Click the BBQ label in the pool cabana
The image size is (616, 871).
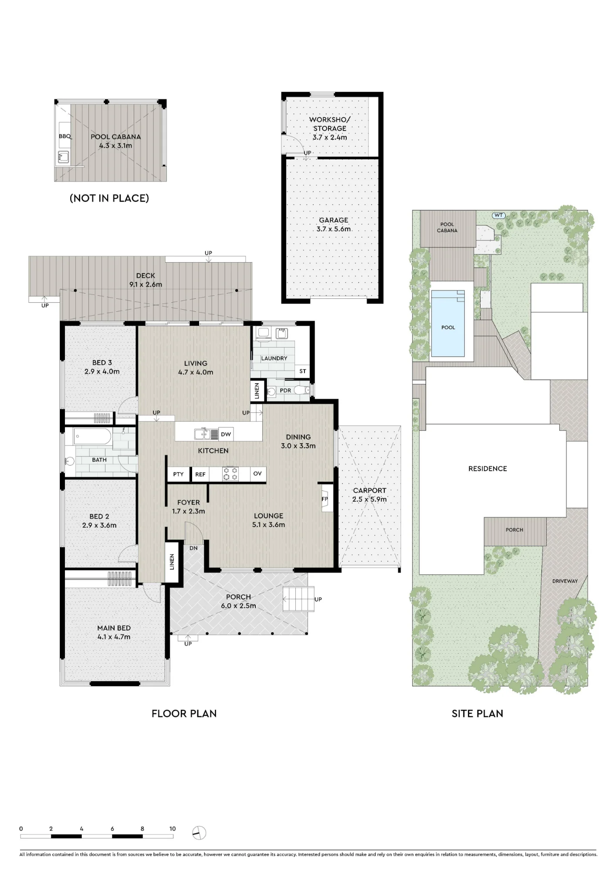64,136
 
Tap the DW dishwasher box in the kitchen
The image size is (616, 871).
226,434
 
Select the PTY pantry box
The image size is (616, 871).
178,474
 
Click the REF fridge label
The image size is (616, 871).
200,474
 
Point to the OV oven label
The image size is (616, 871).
257,473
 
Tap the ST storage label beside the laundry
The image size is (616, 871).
303,371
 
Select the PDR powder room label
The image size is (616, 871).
285,390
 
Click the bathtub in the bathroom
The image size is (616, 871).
92,436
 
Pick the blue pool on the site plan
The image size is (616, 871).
448,324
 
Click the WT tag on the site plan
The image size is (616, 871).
499,215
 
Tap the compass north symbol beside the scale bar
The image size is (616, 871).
199,833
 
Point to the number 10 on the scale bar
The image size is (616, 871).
173,829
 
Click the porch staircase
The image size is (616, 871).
299,599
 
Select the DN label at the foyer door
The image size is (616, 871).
193,548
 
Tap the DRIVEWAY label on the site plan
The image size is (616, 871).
565,581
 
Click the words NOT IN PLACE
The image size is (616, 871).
109,198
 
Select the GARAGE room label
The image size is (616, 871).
334,220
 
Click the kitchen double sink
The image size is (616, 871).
206,434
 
